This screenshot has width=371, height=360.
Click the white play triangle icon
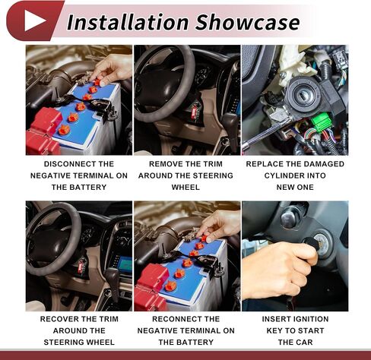tap(34, 21)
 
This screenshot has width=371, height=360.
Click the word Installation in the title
tap(128, 22)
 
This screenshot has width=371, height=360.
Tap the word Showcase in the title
tap(248, 22)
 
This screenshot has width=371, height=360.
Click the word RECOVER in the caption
tap(59, 319)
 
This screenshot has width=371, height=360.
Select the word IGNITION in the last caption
tap(312, 319)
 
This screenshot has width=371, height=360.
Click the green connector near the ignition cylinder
tap(321, 122)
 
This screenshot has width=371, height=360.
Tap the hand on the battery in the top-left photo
tap(112, 69)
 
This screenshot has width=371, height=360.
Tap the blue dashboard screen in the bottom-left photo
tap(125, 264)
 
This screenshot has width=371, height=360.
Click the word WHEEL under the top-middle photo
tap(185, 188)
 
